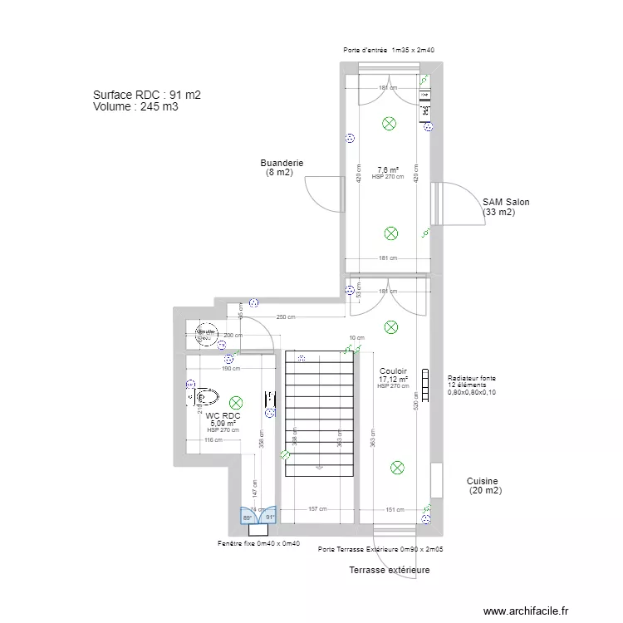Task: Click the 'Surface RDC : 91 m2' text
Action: (147, 96)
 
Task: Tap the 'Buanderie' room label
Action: (282, 164)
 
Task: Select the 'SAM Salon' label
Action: (506, 202)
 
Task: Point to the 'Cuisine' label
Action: (482, 481)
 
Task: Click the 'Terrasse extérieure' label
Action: (389, 571)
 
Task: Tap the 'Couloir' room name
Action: (392, 371)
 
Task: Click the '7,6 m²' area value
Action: (388, 169)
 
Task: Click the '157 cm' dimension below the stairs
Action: (316, 509)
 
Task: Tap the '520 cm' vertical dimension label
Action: (415, 400)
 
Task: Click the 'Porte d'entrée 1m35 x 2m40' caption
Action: (390, 51)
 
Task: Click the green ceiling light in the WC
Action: (237, 402)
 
